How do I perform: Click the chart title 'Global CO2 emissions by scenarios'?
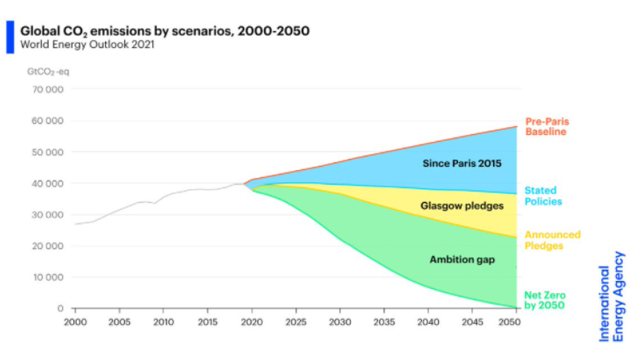(164, 31)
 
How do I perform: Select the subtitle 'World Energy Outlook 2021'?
(87, 45)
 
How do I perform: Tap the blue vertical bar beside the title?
(10, 37)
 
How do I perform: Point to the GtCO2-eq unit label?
(47, 71)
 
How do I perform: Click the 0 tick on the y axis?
(61, 308)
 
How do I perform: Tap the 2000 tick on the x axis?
(75, 321)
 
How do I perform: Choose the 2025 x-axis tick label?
(296, 321)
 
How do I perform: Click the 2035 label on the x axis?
(384, 321)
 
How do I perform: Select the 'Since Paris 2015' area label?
(461, 164)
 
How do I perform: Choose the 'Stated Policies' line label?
(543, 196)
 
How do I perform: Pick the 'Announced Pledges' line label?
(552, 240)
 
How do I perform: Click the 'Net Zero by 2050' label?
(545, 301)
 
